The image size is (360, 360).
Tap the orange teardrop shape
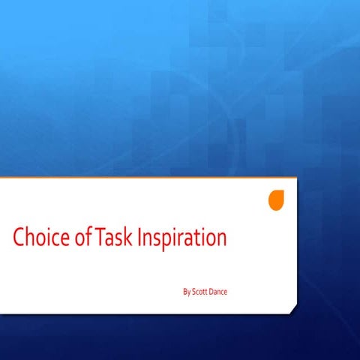[277, 200]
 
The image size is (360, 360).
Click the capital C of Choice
[19, 238]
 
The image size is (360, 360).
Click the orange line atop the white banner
[150, 177]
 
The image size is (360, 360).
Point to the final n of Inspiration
[220, 240]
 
